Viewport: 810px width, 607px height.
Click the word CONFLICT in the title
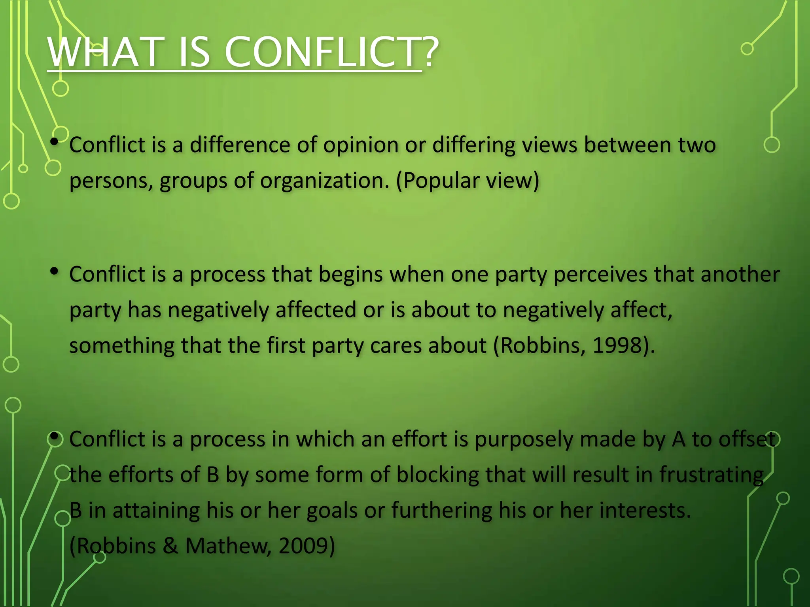pyautogui.click(x=322, y=53)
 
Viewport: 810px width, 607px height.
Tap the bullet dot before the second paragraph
pyautogui.click(x=55, y=271)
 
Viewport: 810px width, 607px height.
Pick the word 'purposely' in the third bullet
pyautogui.click(x=523, y=439)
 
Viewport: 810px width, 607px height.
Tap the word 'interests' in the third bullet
pyautogui.click(x=645, y=511)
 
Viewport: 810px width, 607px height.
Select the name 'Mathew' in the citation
pyautogui.click(x=228, y=546)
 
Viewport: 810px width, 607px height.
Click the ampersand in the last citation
pyautogui.click(x=170, y=546)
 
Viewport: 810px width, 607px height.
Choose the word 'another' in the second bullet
pyautogui.click(x=740, y=274)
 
